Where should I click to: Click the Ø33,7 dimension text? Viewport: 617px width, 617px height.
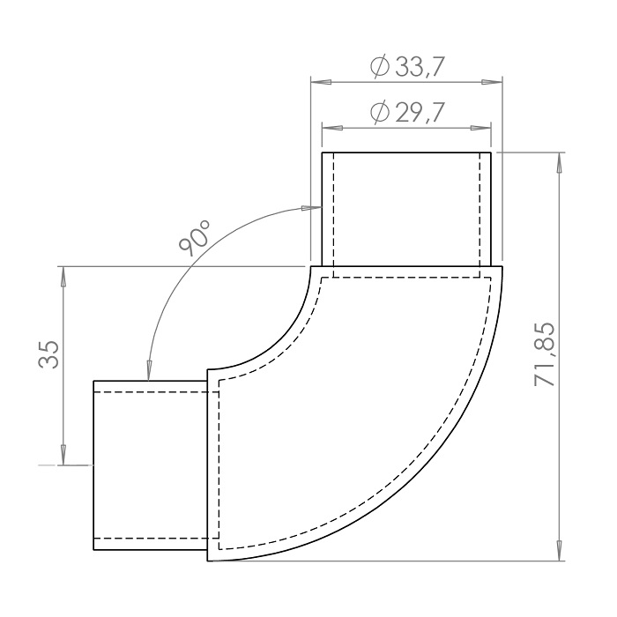tap(407, 66)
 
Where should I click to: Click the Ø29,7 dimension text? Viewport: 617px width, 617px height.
tap(407, 112)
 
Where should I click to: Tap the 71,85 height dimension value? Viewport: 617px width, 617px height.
tap(545, 354)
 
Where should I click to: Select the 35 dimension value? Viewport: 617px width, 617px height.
tap(48, 353)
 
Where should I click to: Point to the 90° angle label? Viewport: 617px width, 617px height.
tap(194, 237)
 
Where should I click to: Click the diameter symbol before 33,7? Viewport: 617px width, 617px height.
tap(380, 67)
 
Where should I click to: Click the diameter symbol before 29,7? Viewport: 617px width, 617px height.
tap(380, 112)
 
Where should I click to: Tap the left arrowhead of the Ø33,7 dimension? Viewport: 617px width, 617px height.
tap(321, 82)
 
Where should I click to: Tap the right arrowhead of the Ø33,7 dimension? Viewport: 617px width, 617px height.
tap(492, 82)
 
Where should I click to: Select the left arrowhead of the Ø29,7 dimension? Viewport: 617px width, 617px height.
tap(331, 128)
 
